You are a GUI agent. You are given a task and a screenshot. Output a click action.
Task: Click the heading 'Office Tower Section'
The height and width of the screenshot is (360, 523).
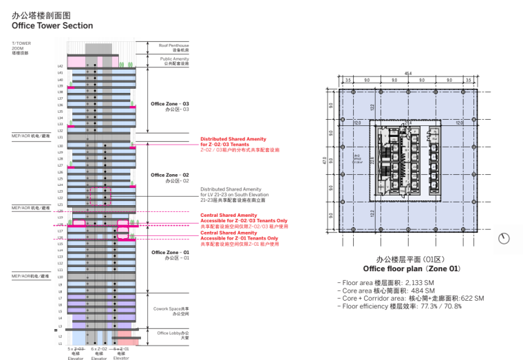[x=52, y=25]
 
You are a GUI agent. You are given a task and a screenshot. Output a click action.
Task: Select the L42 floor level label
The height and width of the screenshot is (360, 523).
[x=61, y=66]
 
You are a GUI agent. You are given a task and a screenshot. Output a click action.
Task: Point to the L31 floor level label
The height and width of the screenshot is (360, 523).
[x=61, y=138]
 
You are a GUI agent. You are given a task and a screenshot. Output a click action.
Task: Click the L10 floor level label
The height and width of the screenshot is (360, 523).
[x=61, y=277]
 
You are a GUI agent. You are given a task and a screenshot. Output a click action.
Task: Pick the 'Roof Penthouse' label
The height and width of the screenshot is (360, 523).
[x=173, y=45]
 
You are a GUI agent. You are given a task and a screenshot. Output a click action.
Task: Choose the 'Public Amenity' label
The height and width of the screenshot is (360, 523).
[x=175, y=59]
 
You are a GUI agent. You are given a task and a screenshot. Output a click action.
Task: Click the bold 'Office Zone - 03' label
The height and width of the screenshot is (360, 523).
[x=169, y=104]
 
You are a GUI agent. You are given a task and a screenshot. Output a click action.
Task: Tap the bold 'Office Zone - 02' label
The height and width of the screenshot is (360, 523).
[x=169, y=176]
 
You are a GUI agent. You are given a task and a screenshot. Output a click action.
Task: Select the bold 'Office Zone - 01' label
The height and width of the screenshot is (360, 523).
[x=169, y=253]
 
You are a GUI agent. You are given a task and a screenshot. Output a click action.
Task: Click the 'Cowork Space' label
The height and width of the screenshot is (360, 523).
[x=171, y=310]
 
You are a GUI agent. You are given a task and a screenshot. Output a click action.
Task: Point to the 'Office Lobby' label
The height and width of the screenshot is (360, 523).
[x=172, y=333]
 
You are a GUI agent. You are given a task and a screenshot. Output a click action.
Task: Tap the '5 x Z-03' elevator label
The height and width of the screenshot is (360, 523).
[x=76, y=350]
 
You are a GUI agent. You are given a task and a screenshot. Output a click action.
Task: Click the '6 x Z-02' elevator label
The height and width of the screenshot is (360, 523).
[x=98, y=350]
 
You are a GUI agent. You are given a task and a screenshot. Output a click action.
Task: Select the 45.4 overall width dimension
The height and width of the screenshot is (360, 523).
[x=408, y=74]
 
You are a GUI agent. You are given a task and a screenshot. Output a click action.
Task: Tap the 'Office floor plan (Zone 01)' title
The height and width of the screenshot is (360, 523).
[x=412, y=268]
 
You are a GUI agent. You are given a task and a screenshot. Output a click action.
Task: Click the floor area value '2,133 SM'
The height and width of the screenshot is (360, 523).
[x=418, y=283]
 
